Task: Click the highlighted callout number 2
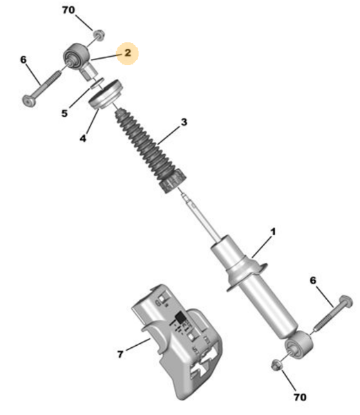[x=128, y=53]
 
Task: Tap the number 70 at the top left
[x=68, y=10]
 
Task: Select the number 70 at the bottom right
[x=301, y=397]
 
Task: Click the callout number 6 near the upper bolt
[x=23, y=59]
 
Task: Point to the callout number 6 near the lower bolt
[x=313, y=280]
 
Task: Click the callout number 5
[x=64, y=113]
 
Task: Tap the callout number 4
[x=83, y=138]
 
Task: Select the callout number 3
[x=184, y=122]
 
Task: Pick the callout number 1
[x=273, y=232]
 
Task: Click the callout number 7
[x=120, y=354]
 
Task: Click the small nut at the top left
[x=99, y=35]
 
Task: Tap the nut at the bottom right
[x=277, y=365]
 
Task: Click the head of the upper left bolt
[x=29, y=101]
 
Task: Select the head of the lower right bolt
[x=345, y=302]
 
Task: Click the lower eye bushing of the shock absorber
[x=299, y=345]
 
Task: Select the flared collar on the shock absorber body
[x=247, y=275]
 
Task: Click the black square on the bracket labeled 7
[x=181, y=317]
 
